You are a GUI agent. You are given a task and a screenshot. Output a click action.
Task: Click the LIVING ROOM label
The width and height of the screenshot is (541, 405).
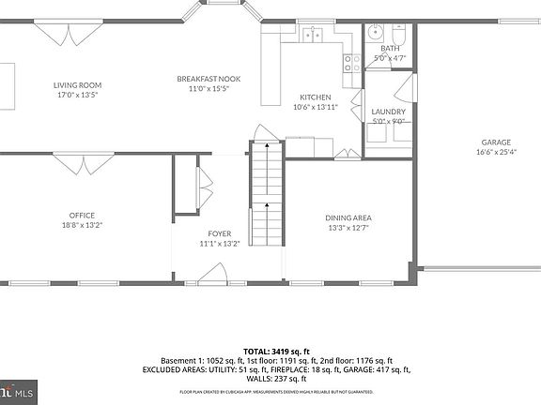click(x=77, y=85)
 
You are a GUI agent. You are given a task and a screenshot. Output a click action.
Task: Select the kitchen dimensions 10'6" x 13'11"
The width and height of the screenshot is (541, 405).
click(x=315, y=107)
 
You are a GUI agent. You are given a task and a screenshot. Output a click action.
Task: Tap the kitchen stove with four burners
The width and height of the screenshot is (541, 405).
click(x=353, y=63)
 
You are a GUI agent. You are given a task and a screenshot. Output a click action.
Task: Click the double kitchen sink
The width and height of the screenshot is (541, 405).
click(x=313, y=35)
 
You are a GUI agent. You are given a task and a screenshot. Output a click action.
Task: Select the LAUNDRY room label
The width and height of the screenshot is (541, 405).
click(x=388, y=112)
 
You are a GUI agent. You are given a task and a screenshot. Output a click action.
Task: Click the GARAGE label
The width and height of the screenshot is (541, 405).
click(x=496, y=142)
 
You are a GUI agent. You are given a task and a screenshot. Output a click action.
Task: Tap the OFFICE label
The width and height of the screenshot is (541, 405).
click(x=82, y=215)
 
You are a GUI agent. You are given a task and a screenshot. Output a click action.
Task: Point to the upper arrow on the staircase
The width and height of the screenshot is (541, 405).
click(x=267, y=147)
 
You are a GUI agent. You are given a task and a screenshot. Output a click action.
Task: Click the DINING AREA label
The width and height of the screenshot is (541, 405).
click(x=348, y=217)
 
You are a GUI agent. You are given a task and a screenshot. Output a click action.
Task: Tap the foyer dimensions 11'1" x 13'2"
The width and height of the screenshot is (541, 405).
click(x=220, y=244)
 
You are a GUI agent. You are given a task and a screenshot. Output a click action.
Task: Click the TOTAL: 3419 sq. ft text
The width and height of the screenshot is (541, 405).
click(x=270, y=351)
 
